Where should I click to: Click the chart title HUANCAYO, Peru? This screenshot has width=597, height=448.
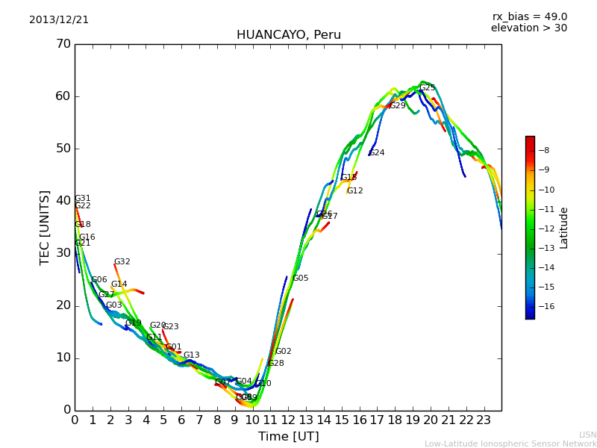point(288,35)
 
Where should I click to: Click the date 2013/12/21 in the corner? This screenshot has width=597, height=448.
point(59,20)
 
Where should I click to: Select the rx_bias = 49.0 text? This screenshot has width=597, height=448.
point(529,17)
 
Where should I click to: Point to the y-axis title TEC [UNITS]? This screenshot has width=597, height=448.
point(45,227)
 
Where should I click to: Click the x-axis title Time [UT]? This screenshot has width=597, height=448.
point(288,437)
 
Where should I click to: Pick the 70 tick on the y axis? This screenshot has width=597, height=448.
point(63,44)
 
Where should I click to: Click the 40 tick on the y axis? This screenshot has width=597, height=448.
point(63,201)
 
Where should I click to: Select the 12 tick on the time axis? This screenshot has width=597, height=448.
point(288,420)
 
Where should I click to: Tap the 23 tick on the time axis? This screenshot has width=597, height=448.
point(484,420)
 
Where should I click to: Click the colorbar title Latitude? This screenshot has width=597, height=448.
point(564,228)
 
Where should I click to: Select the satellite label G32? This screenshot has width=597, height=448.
point(122,262)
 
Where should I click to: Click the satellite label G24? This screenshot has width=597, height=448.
point(377,153)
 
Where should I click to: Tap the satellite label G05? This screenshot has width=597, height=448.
point(300,279)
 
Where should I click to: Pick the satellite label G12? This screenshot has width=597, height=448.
point(355,191)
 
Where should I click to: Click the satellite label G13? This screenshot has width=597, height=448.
point(192,355)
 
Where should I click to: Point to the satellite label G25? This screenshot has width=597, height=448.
point(428,88)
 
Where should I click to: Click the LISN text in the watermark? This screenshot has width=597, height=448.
point(588,435)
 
